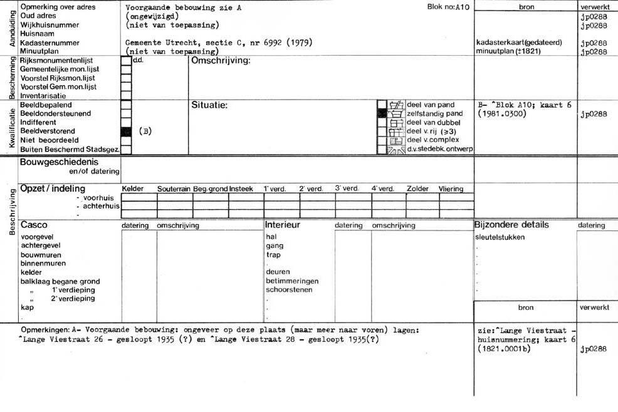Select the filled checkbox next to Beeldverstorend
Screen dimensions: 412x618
click(x=125, y=131)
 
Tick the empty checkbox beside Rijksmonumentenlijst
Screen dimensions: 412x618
click(x=125, y=61)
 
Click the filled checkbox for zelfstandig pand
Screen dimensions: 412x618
click(x=382, y=114)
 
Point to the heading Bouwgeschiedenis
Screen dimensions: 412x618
click(x=59, y=162)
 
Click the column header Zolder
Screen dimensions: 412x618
click(x=417, y=189)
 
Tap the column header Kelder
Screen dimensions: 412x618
click(x=132, y=189)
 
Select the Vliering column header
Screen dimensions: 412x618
click(x=451, y=189)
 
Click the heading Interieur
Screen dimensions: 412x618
click(x=282, y=225)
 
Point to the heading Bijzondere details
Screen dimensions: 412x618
click(x=512, y=225)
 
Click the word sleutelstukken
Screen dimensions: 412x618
click(x=500, y=237)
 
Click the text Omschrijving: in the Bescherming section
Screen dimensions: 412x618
click(x=220, y=61)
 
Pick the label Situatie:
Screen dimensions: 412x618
click(x=209, y=105)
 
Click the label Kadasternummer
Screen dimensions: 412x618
click(x=50, y=43)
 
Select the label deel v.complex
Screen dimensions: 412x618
click(x=432, y=140)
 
